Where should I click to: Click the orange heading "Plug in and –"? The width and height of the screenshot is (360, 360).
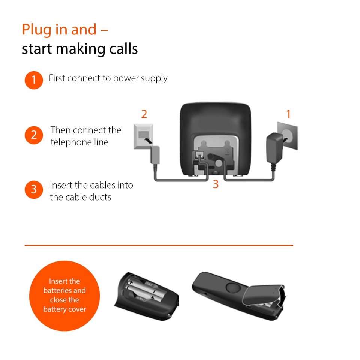pyautogui.click(x=65, y=30)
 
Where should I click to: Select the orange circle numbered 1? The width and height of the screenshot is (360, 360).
pyautogui.click(x=34, y=80)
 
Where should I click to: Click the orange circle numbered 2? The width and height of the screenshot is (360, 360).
pyautogui.click(x=34, y=135)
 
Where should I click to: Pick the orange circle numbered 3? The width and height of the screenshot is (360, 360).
pyautogui.click(x=34, y=189)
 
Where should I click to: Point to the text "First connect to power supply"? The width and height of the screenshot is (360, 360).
pyautogui.click(x=108, y=78)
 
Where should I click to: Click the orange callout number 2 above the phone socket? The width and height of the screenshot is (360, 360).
pyautogui.click(x=144, y=114)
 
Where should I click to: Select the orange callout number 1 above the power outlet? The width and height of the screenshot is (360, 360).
pyautogui.click(x=288, y=114)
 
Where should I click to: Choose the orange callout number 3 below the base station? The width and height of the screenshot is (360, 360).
pyautogui.click(x=216, y=184)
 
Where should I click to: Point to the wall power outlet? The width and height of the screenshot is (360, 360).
pyautogui.click(x=288, y=136)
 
